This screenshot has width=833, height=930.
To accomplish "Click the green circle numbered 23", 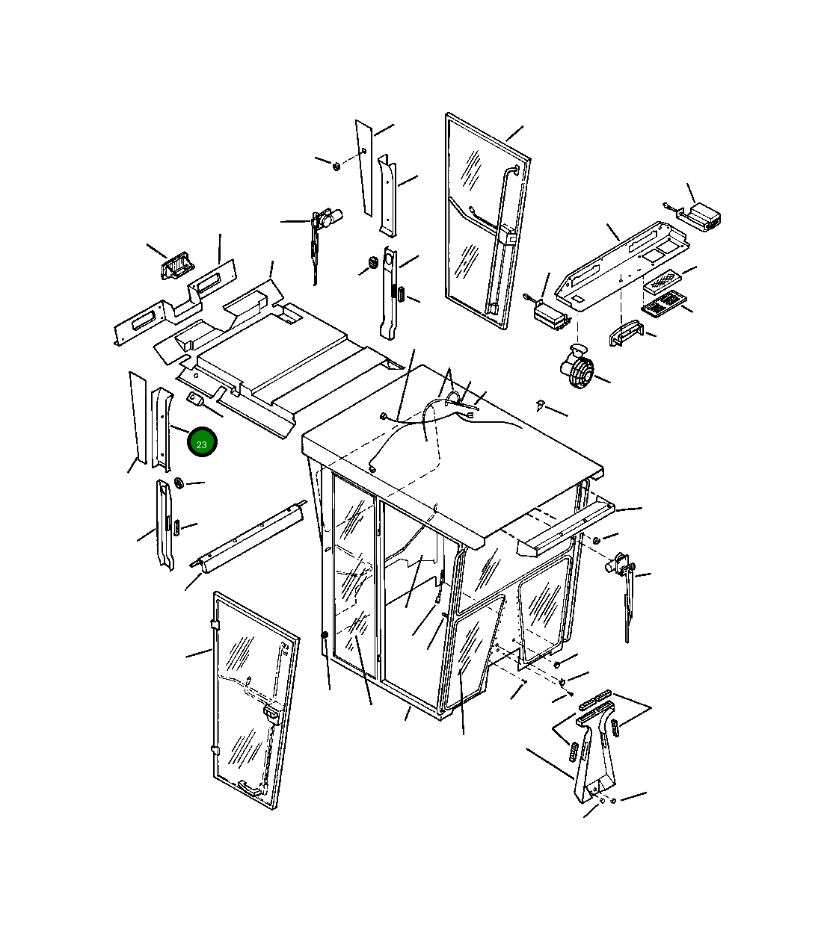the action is [202, 442].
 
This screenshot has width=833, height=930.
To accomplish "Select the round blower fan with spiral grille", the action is [577, 367].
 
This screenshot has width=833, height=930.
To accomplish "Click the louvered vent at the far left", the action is [175, 265].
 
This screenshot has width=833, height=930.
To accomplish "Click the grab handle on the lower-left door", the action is [250, 788].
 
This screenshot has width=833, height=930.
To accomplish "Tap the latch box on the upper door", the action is [509, 235].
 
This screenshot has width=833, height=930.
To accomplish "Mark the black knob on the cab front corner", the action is [325, 636].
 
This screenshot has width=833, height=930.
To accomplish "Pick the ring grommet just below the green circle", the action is [179, 483].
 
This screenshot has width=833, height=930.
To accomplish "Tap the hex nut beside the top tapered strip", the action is [336, 165].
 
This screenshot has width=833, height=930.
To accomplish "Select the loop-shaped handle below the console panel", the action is [625, 333].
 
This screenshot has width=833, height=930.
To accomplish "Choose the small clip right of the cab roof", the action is [540, 405].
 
